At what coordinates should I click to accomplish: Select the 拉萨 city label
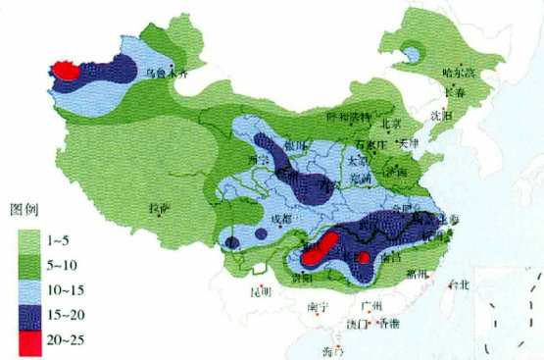point(159,208)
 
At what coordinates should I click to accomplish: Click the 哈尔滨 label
point(457,73)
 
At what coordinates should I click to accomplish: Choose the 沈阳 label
point(440,116)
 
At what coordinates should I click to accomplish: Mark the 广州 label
point(370,306)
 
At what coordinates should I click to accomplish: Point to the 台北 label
point(458,284)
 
